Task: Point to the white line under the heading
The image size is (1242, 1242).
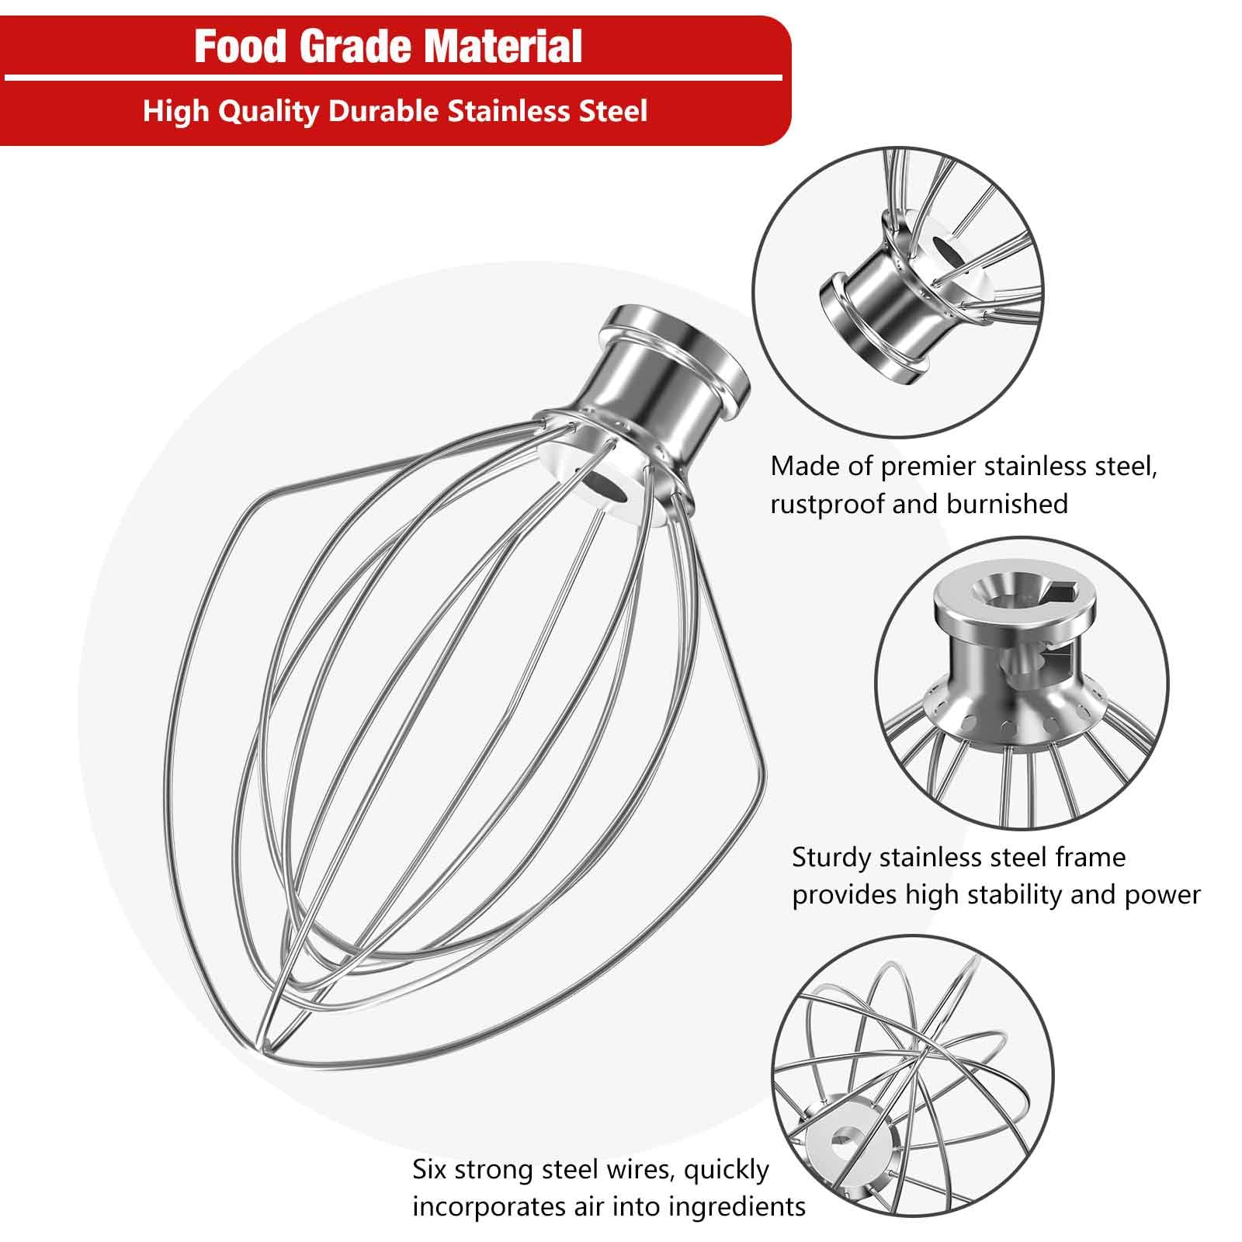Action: [x=393, y=78]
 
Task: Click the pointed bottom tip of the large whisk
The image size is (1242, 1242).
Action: [x=266, y=1038]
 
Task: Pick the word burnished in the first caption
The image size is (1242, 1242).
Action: [x=1007, y=505]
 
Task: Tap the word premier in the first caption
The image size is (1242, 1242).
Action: [x=928, y=467]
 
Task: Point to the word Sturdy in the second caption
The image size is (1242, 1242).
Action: [x=831, y=858]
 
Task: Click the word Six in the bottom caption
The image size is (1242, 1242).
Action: [x=429, y=1169]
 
